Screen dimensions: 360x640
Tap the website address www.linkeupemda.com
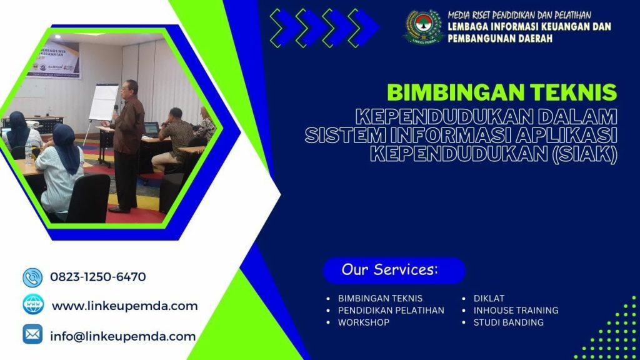tap(124, 306)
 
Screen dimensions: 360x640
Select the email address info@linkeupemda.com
tap(122, 336)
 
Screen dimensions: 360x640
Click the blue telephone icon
tap(32, 277)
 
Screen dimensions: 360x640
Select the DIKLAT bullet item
tap(489, 298)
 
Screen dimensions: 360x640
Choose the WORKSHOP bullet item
tap(363, 322)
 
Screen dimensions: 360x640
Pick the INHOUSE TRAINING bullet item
tap(516, 310)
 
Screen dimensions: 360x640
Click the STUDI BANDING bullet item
tap(508, 322)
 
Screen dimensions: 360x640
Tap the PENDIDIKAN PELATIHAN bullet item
tap(391, 310)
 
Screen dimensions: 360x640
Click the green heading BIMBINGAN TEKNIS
tap(502, 92)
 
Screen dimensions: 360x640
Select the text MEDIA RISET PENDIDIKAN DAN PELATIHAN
tap(519, 15)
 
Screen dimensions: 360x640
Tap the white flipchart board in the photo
tap(104, 102)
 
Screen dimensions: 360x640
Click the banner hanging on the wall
tap(60, 59)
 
